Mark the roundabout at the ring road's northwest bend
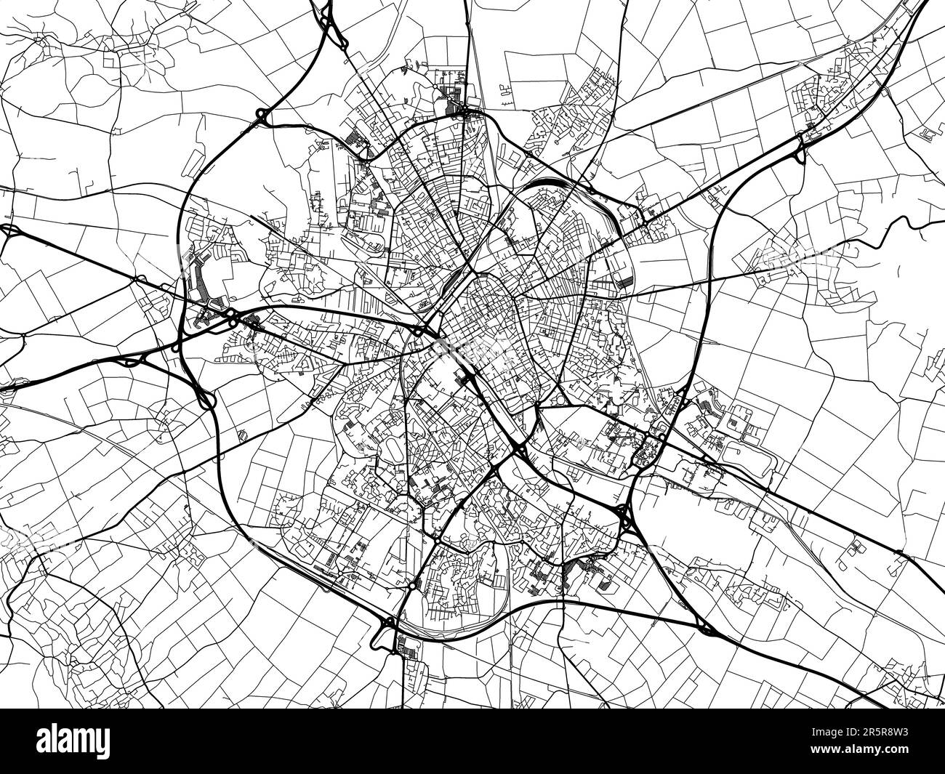[260, 116]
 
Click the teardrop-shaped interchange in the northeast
[800, 145]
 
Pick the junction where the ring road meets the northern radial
[468, 112]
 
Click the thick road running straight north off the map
[465, 29]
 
